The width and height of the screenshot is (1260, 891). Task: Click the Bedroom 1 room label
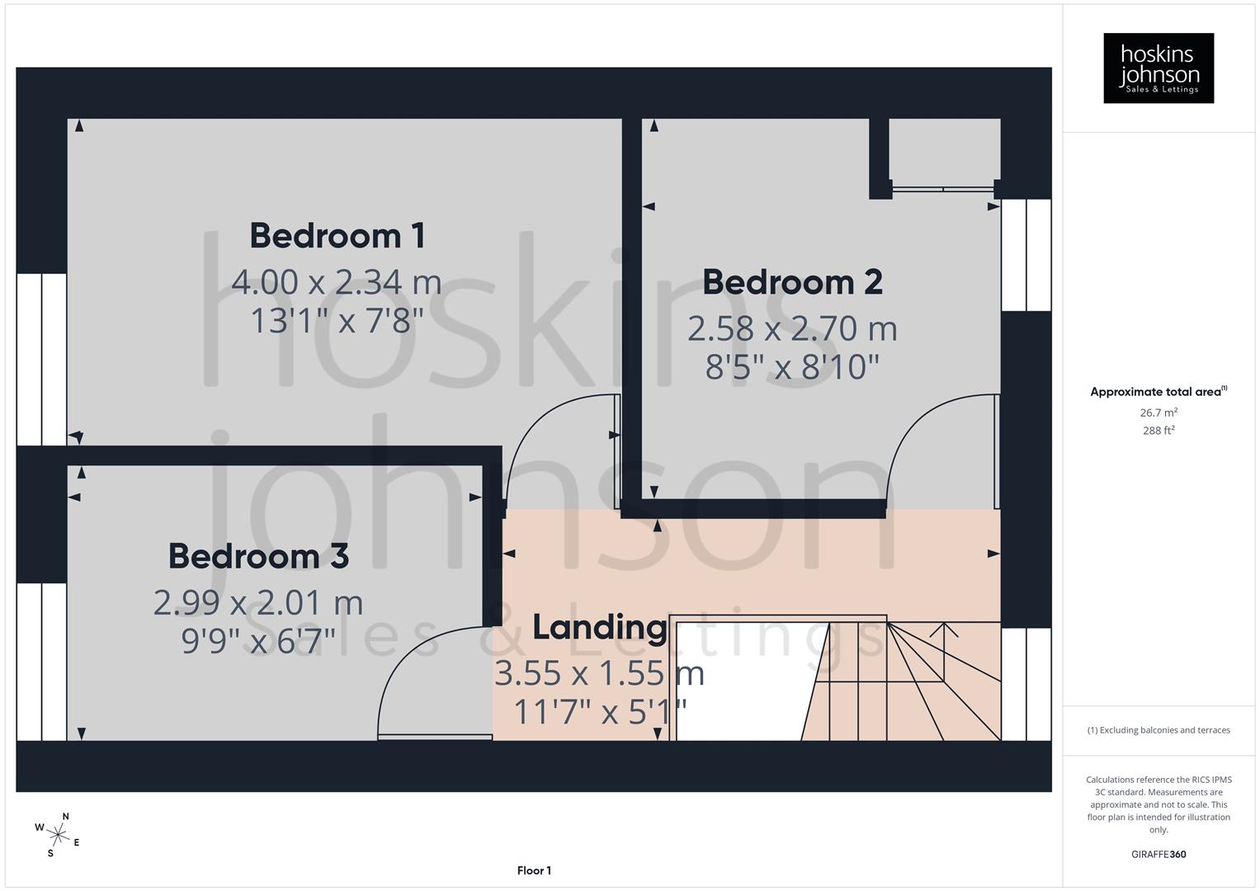pos(337,236)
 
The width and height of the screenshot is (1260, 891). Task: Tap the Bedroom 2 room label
pos(792,282)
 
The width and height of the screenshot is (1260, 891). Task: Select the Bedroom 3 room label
pos(258,556)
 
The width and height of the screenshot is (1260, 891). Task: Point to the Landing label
pos(599,628)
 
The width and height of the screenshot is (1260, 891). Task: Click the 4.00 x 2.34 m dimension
pos(337,282)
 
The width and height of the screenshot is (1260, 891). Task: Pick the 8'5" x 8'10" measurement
pos(792,366)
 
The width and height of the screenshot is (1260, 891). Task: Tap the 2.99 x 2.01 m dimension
pos(258,602)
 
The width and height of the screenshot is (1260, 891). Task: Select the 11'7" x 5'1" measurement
pos(599,711)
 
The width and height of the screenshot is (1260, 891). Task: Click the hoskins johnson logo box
pos(1159,68)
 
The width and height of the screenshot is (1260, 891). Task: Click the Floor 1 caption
pos(534,870)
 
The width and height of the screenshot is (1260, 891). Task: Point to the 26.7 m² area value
pos(1159,412)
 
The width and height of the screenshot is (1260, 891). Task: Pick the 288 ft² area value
pos(1159,431)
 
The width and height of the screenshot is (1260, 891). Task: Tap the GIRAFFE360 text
pos(1159,854)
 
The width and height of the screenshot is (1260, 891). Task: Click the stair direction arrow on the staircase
pos(946,631)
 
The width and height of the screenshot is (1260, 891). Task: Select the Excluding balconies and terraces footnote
pos(1159,730)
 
